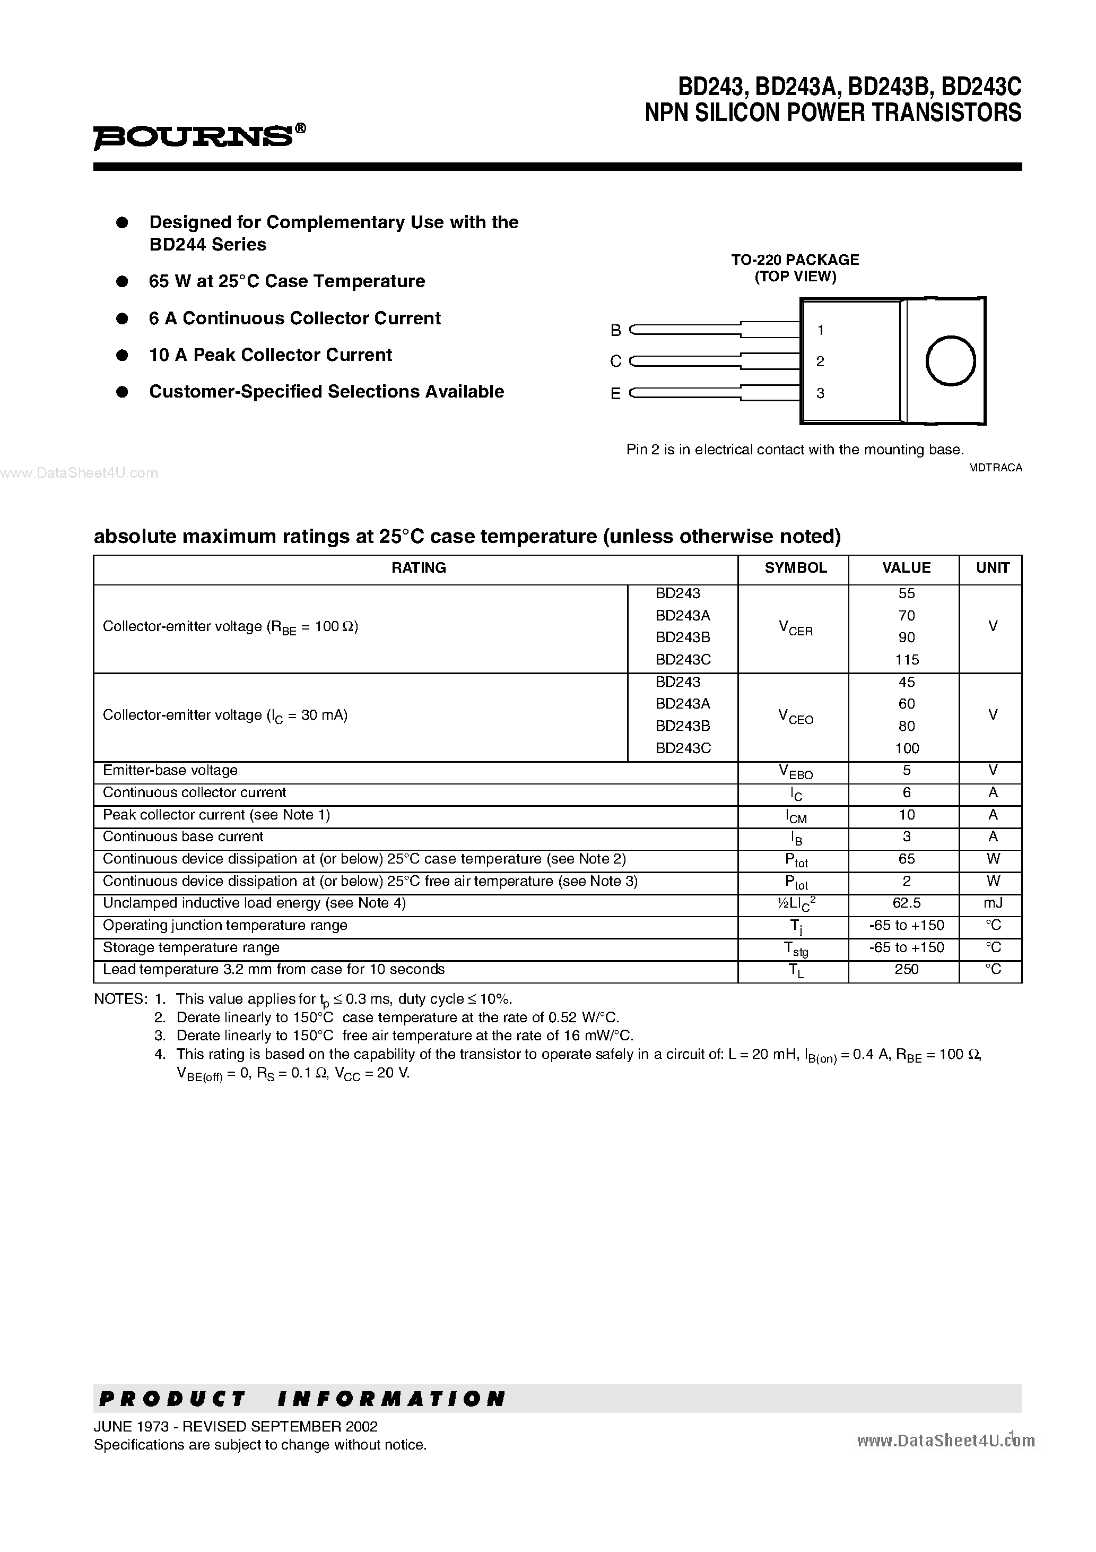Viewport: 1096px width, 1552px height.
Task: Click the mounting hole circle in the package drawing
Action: pyautogui.click(x=950, y=361)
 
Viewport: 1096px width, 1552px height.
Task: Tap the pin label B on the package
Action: pyautogui.click(x=615, y=331)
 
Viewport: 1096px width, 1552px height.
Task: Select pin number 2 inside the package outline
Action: pyautogui.click(x=820, y=361)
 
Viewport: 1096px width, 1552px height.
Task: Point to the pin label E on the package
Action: pyautogui.click(x=615, y=394)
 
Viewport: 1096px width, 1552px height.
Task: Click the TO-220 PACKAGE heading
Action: pyautogui.click(x=795, y=260)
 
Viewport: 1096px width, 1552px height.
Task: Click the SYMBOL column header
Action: pyautogui.click(x=795, y=568)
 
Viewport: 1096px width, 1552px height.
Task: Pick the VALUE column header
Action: pyautogui.click(x=906, y=568)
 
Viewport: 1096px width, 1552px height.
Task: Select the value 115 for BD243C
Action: pyautogui.click(x=907, y=659)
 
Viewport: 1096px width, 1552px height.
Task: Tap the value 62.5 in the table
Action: pyautogui.click(x=906, y=903)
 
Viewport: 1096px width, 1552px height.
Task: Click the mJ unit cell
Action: pyautogui.click(x=992, y=903)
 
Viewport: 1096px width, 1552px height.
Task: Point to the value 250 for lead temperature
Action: pyautogui.click(x=906, y=969)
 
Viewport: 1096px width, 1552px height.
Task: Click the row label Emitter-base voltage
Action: pyautogui.click(x=170, y=771)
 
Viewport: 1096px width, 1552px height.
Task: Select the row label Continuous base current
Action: pyautogui.click(x=183, y=837)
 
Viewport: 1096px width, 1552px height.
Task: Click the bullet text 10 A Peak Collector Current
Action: pyautogui.click(x=270, y=355)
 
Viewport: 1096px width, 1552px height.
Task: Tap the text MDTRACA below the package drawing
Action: pyautogui.click(x=995, y=468)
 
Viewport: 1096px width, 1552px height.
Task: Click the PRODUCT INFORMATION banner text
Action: pyautogui.click(x=302, y=1399)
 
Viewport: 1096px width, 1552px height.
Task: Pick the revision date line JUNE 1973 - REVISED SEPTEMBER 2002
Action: pyautogui.click(x=236, y=1426)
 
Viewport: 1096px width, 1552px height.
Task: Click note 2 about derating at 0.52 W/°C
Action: pyautogui.click(x=397, y=1018)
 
